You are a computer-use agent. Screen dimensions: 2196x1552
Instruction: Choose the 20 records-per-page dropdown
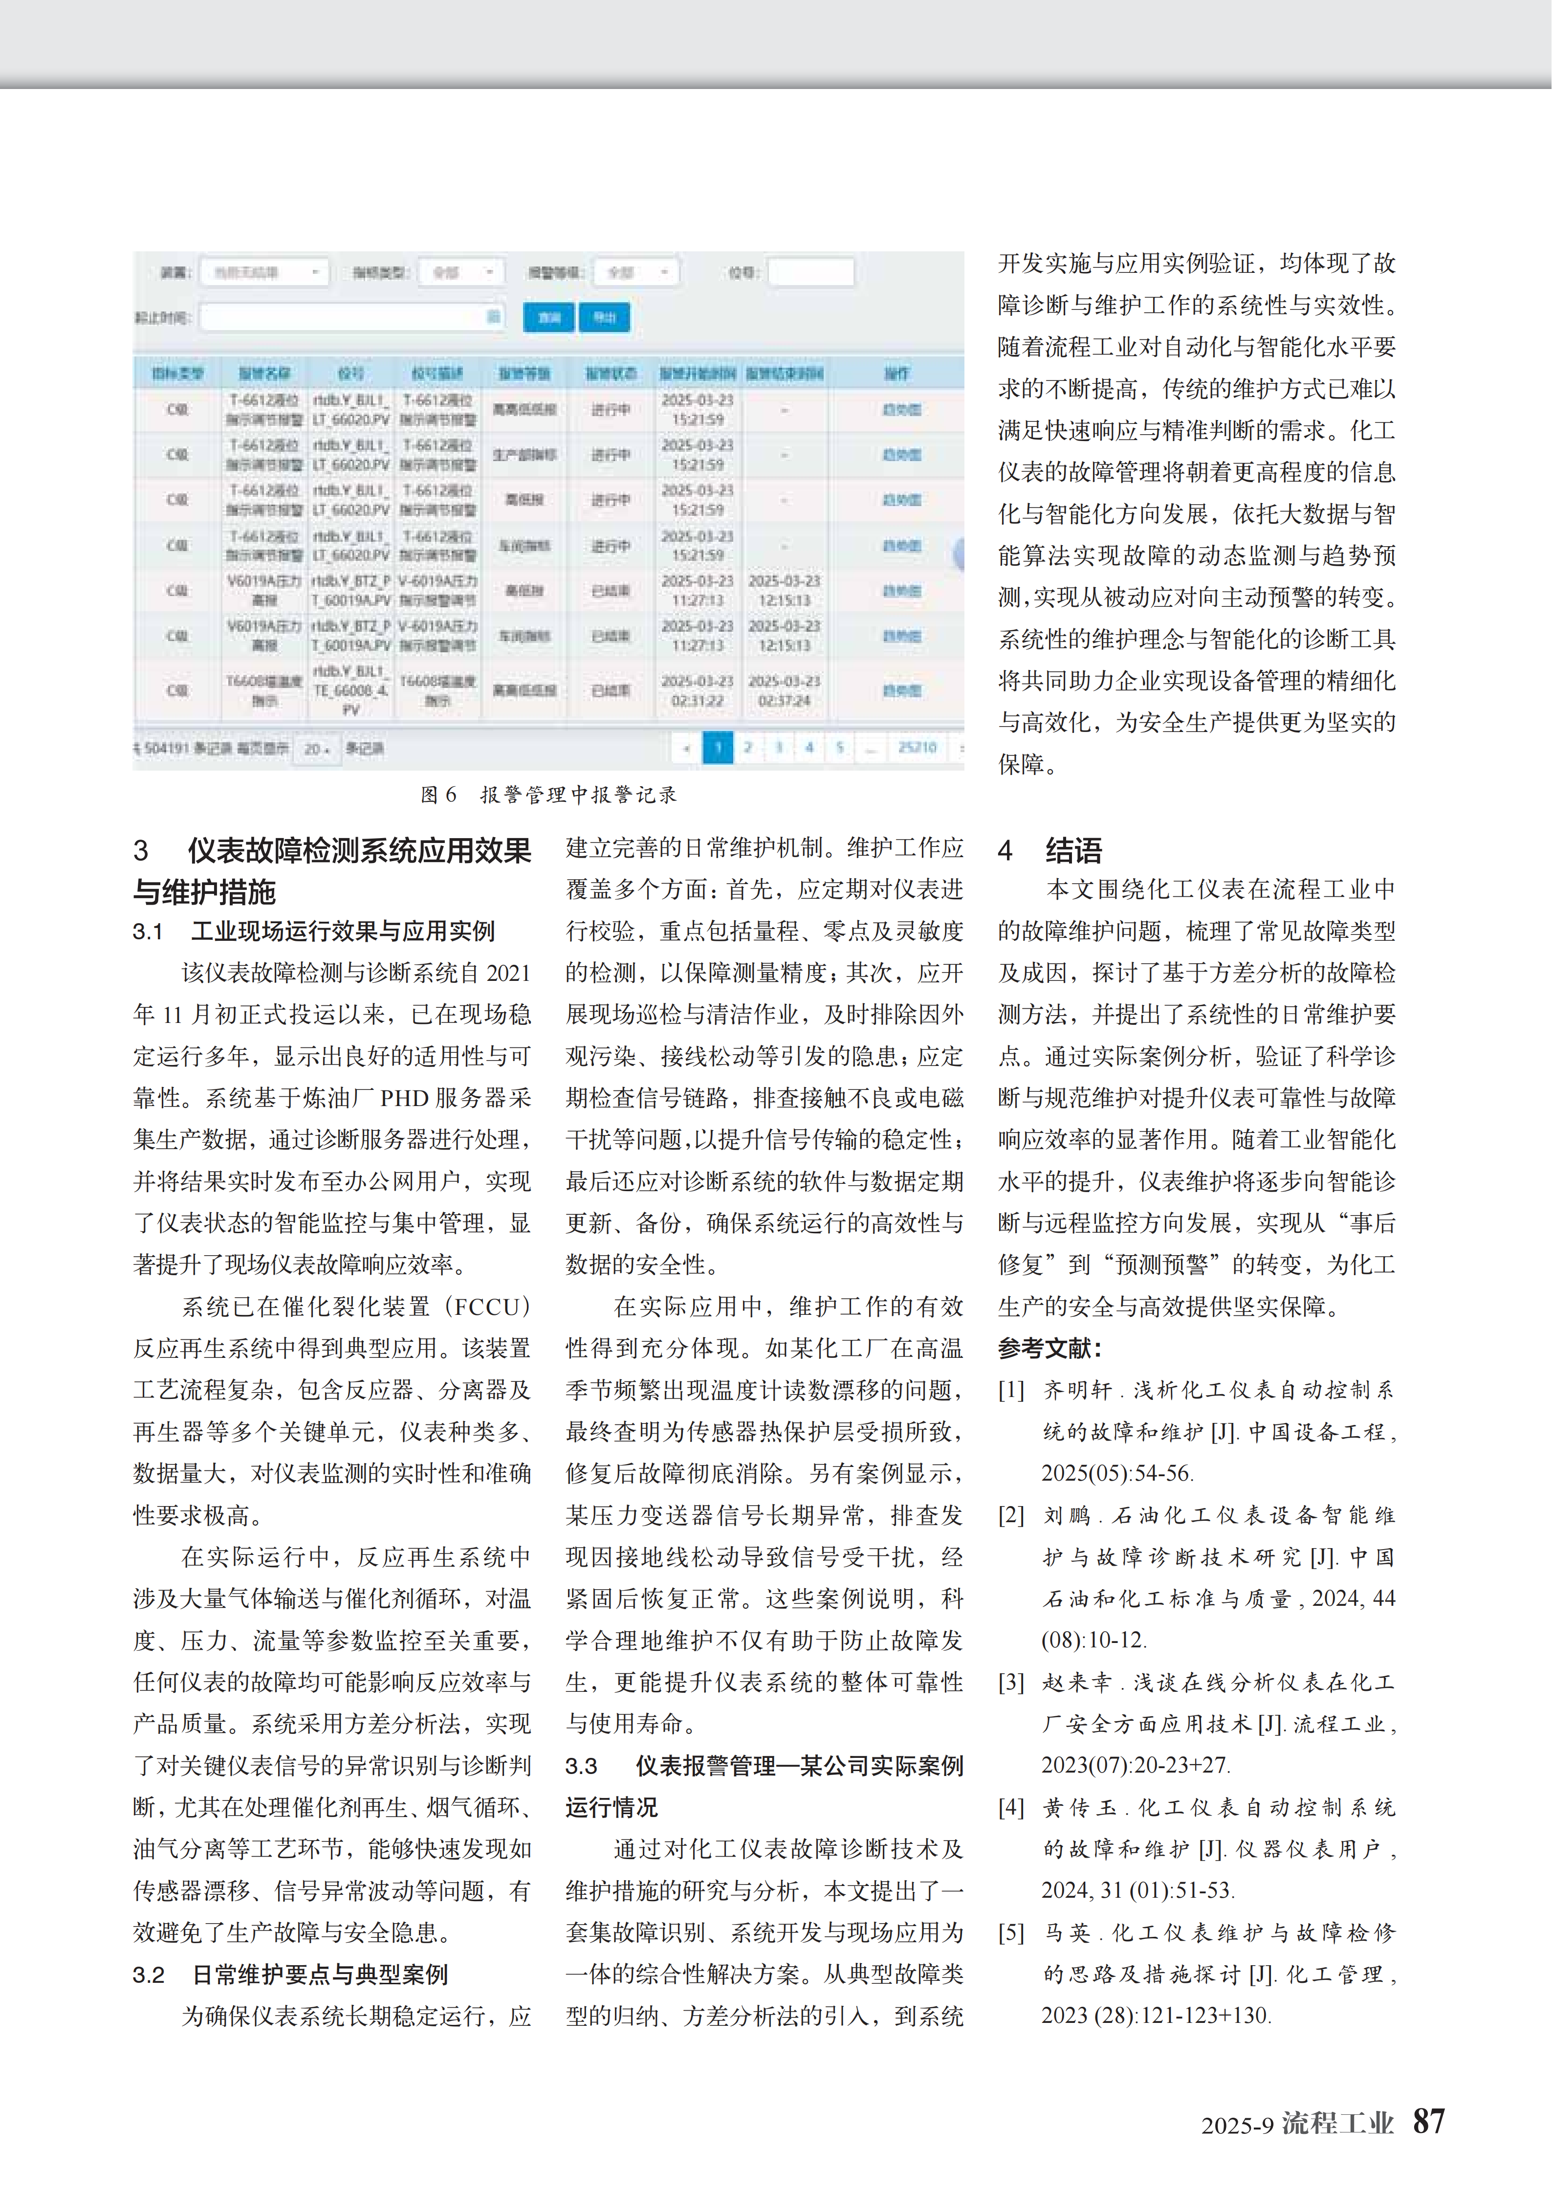[x=317, y=749]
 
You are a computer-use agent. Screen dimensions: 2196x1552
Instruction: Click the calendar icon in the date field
[x=493, y=316]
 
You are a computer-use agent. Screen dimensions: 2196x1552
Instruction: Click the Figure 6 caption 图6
[x=439, y=795]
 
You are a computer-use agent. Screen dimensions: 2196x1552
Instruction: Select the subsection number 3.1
[x=148, y=932]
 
